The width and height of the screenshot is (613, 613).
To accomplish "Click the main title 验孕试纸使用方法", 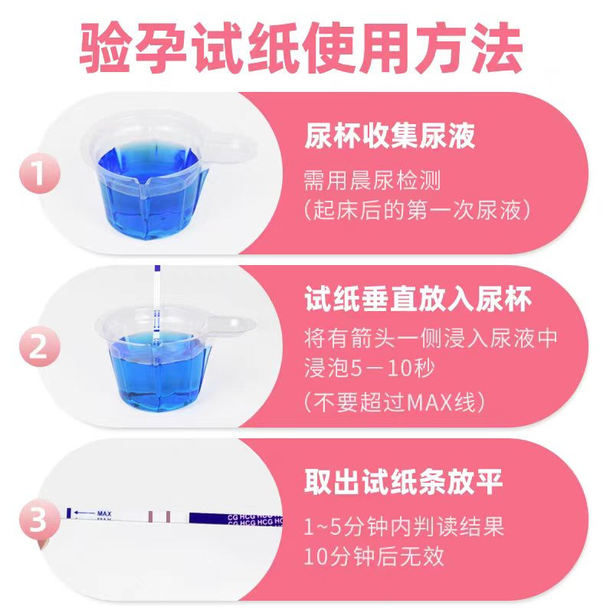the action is pyautogui.click(x=301, y=48).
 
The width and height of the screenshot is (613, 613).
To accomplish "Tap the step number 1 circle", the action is pyautogui.click(x=40, y=173).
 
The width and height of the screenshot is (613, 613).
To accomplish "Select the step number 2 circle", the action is pyautogui.click(x=40, y=346).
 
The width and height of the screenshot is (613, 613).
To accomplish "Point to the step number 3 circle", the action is pyautogui.click(x=40, y=520).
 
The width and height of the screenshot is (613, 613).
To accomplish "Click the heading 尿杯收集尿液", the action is pyautogui.click(x=390, y=136).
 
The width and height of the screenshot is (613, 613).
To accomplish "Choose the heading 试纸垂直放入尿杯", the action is pyautogui.click(x=418, y=299).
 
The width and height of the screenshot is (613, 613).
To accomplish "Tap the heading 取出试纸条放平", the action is pyautogui.click(x=404, y=482).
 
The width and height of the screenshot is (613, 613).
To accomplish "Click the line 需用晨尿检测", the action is pyautogui.click(x=372, y=180).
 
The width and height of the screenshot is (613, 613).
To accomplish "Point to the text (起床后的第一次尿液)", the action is pyautogui.click(x=418, y=210).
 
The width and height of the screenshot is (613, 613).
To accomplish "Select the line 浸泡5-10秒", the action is pyautogui.click(x=369, y=368).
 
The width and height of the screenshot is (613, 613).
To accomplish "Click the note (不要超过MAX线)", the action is pyautogui.click(x=395, y=402).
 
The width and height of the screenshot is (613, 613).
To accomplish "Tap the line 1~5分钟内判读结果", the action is pyautogui.click(x=404, y=526).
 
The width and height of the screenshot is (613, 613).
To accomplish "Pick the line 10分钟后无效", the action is pyautogui.click(x=374, y=556).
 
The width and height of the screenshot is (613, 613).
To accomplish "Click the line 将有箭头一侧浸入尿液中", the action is pyautogui.click(x=431, y=338).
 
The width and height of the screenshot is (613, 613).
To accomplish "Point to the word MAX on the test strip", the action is pyautogui.click(x=104, y=513).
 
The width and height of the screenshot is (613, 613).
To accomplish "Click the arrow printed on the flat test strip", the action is pyautogui.click(x=84, y=513).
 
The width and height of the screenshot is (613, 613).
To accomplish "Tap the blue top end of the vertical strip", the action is pyautogui.click(x=158, y=269).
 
